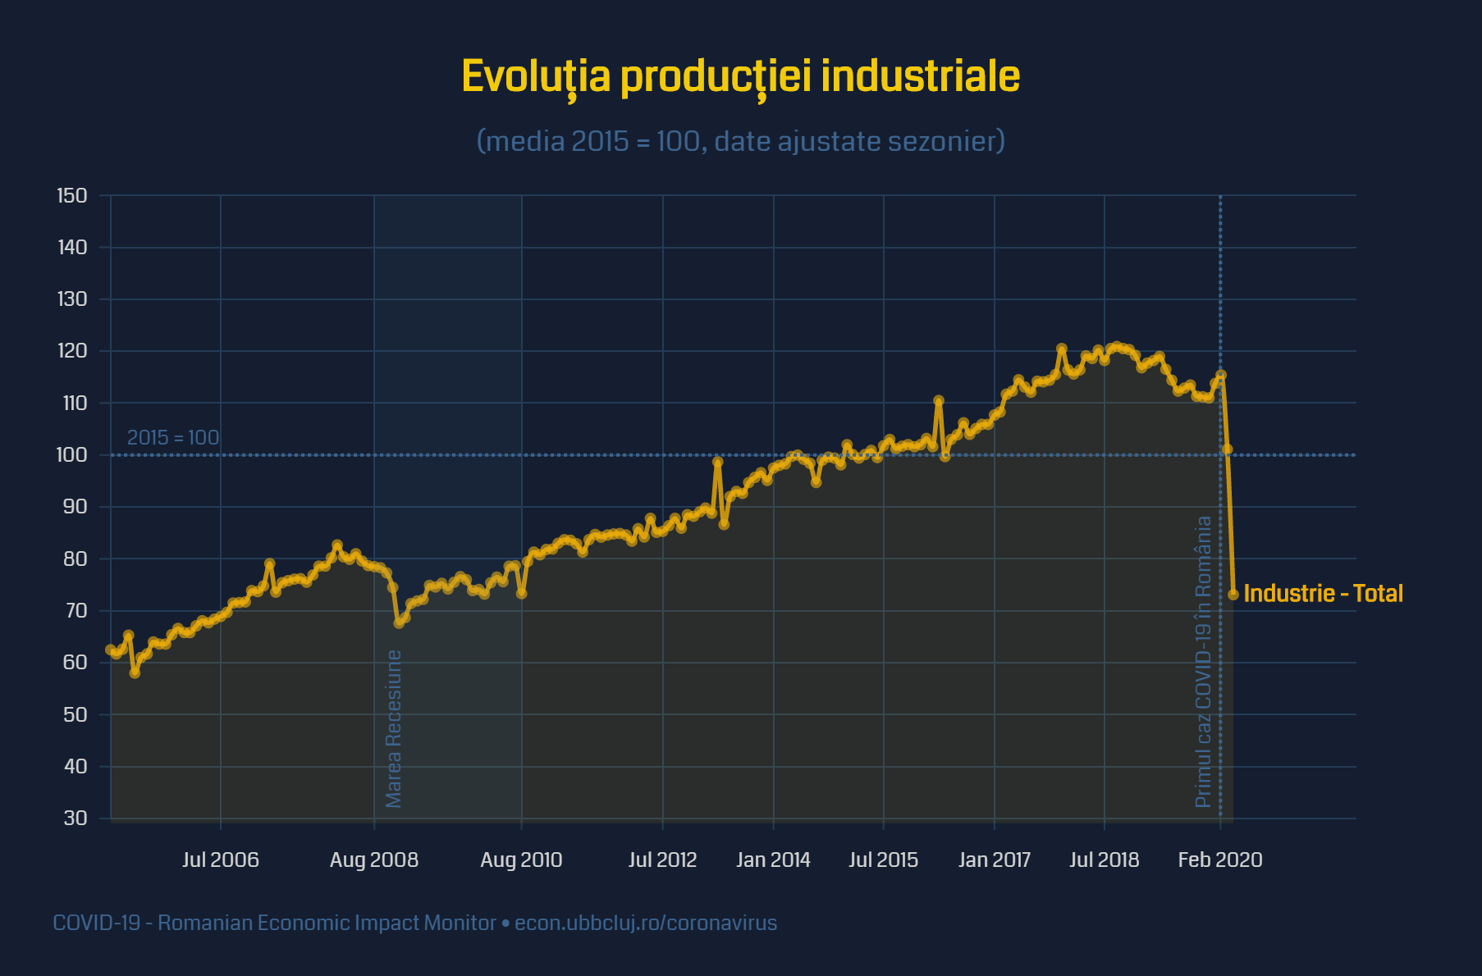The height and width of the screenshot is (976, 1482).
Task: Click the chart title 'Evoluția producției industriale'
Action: click(x=740, y=77)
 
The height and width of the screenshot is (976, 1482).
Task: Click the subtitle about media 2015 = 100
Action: click(x=740, y=141)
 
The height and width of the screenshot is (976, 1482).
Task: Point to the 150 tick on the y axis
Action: click(x=72, y=196)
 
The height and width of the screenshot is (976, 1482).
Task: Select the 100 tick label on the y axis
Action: click(x=72, y=455)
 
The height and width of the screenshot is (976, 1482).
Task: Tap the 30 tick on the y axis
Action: click(x=75, y=819)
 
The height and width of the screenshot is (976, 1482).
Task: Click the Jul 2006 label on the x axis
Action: click(x=220, y=860)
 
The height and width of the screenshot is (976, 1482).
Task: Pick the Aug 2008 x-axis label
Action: click(x=373, y=860)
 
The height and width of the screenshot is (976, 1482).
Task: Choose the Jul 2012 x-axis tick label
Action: click(x=662, y=860)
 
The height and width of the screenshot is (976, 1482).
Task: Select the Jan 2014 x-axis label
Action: click(x=773, y=860)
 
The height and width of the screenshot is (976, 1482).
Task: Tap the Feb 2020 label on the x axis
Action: click(x=1219, y=860)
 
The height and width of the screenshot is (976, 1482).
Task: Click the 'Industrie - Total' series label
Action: click(x=1323, y=594)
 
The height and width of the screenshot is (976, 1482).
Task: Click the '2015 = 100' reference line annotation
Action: click(x=173, y=438)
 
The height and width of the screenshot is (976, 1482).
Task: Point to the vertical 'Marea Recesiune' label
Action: click(x=394, y=728)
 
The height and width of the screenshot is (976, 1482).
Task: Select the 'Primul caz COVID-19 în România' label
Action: click(x=1203, y=661)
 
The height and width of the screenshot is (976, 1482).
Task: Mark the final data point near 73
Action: click(x=1233, y=595)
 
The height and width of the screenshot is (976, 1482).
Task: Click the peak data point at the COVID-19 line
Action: click(x=1221, y=376)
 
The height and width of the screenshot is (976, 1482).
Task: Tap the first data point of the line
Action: click(x=111, y=650)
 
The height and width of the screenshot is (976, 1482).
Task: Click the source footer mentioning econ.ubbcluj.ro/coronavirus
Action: click(x=414, y=924)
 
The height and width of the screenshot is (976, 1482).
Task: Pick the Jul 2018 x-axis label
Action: click(x=1104, y=860)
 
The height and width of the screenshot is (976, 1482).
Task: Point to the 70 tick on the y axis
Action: click(x=75, y=611)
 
